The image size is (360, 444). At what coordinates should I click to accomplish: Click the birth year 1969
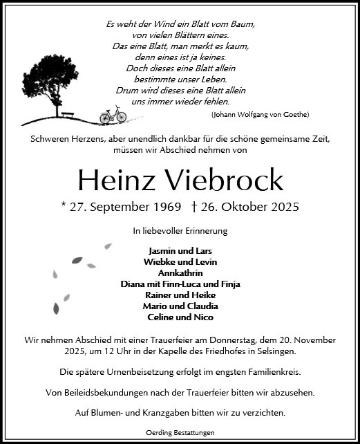[x=165, y=207]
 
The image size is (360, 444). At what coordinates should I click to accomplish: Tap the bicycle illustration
[x=113, y=114]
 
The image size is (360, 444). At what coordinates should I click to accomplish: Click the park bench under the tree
[x=69, y=115]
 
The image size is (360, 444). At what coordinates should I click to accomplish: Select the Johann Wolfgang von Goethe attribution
[x=260, y=114]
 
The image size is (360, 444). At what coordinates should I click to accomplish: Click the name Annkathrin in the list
[x=180, y=272]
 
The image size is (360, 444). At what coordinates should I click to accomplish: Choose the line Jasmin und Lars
[x=180, y=250]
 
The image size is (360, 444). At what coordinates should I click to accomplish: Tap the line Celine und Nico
[x=180, y=317]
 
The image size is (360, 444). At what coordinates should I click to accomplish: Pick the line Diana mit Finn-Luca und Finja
[x=180, y=284]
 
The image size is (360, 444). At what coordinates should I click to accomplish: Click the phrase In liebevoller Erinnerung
[x=180, y=230]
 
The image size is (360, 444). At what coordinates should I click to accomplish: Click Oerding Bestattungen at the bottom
[x=180, y=432]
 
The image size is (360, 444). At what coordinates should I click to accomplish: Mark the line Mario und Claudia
[x=180, y=306]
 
